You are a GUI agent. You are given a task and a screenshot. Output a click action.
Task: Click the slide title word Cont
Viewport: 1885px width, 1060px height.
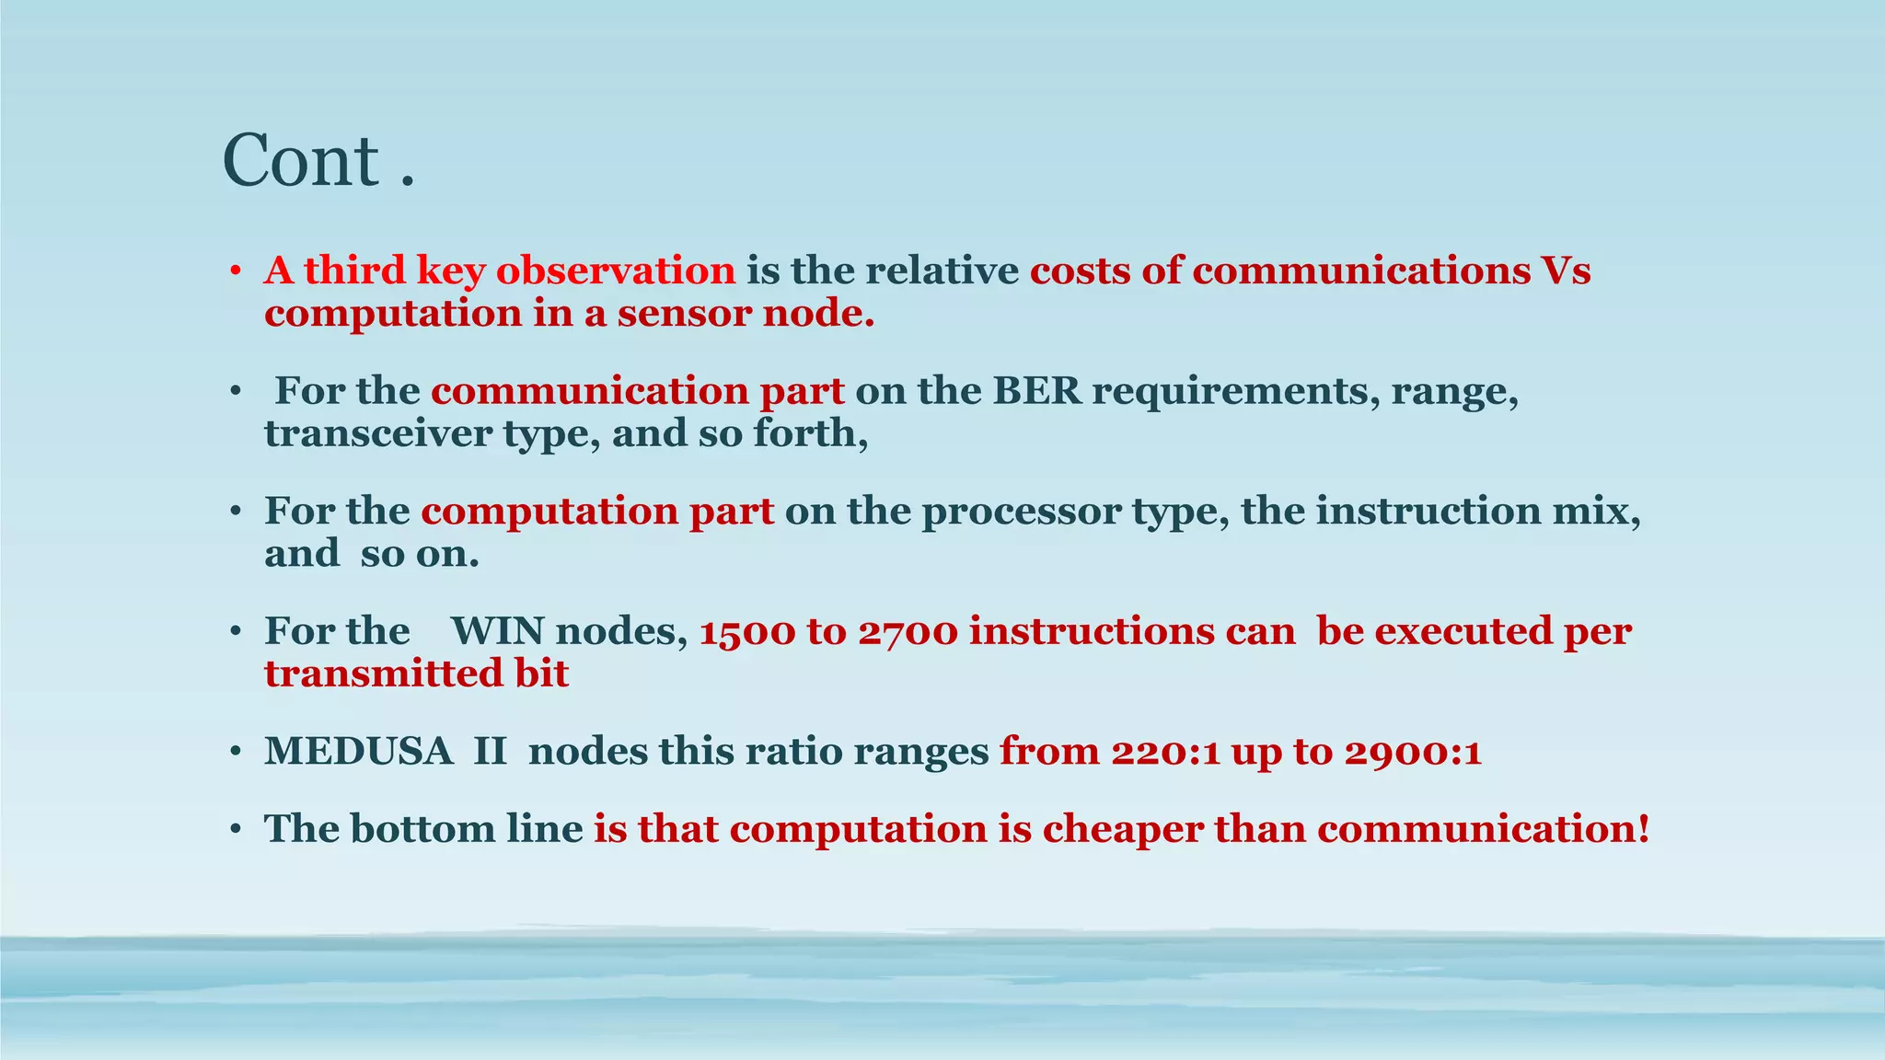coord(301,161)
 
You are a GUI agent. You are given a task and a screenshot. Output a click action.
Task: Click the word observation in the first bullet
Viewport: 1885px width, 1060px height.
coord(616,271)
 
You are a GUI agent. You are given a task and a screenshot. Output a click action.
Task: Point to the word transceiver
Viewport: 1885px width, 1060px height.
coord(378,433)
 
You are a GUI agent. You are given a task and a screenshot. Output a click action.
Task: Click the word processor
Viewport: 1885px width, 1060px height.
coord(1021,512)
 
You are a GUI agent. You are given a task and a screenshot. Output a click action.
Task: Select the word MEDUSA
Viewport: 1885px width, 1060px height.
coord(359,752)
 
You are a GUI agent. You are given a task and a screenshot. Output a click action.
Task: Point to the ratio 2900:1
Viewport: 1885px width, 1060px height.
coord(1413,752)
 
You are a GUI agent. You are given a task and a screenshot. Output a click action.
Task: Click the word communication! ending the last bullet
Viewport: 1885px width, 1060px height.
coord(1483,829)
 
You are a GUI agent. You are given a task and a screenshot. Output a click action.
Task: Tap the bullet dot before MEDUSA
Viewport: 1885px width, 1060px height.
coord(236,754)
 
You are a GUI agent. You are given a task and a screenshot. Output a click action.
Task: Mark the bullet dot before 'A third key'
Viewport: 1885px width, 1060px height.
coord(236,272)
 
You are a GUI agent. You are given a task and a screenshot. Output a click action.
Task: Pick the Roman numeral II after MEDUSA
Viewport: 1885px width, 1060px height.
coord(490,752)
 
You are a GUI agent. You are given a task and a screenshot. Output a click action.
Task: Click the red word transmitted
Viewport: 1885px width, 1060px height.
coord(370,674)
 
